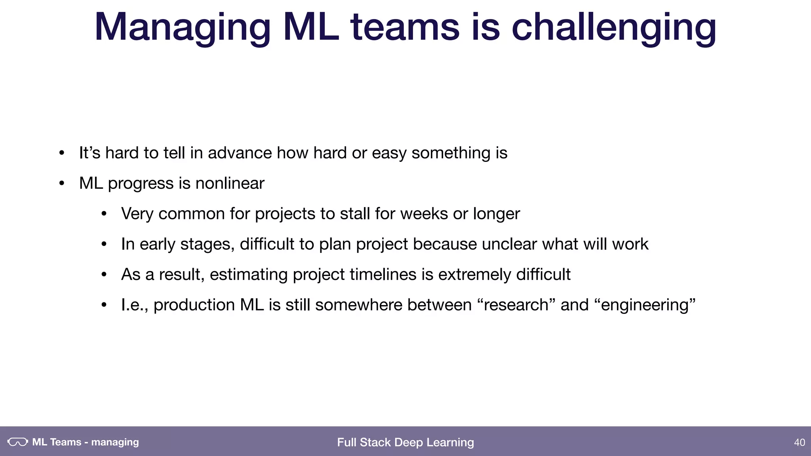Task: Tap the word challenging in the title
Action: click(x=614, y=28)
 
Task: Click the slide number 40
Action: click(x=800, y=442)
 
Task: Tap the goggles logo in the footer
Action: click(x=18, y=442)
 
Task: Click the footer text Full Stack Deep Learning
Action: click(x=405, y=442)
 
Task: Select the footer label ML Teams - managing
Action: click(x=86, y=442)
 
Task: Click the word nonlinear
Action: click(x=230, y=183)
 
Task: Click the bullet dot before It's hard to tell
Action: click(x=61, y=153)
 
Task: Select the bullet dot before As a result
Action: click(x=104, y=275)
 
